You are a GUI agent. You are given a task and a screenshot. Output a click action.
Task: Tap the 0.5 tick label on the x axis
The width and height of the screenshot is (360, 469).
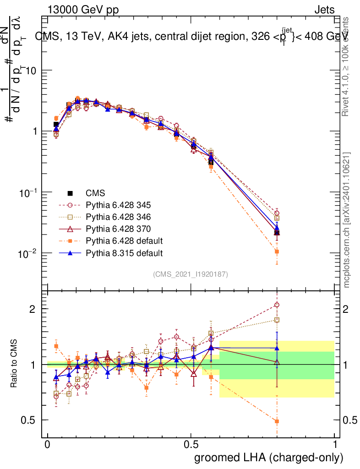point(191,445)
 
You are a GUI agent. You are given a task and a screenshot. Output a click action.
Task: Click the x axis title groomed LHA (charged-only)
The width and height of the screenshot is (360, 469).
point(269,458)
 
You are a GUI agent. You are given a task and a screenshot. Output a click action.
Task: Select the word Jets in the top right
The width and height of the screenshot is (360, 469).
point(324,10)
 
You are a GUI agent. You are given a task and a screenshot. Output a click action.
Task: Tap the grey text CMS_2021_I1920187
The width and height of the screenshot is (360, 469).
point(191,274)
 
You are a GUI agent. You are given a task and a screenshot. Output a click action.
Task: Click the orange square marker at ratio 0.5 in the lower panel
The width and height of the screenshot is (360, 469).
point(277,421)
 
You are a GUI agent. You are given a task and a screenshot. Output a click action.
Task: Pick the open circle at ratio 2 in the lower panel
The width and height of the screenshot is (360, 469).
point(277,305)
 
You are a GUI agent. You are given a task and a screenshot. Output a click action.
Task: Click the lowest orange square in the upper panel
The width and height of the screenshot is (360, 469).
point(277,251)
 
